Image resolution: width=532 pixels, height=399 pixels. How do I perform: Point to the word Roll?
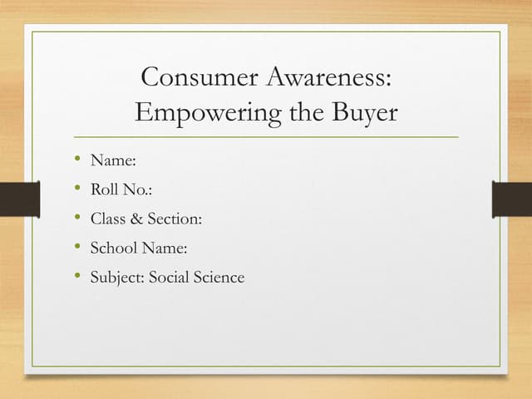pos(104,190)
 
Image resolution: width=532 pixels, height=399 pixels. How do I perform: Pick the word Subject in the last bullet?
pos(116,278)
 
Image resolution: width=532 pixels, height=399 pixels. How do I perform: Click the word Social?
pos(170,278)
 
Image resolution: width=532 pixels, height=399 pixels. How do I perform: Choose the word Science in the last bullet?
pos(219,278)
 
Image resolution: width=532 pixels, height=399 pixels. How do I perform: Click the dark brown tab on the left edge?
pos(19,199)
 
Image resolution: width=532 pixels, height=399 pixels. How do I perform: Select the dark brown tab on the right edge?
pos(512,199)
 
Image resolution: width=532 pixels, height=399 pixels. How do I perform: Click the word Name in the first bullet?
pos(111,160)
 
